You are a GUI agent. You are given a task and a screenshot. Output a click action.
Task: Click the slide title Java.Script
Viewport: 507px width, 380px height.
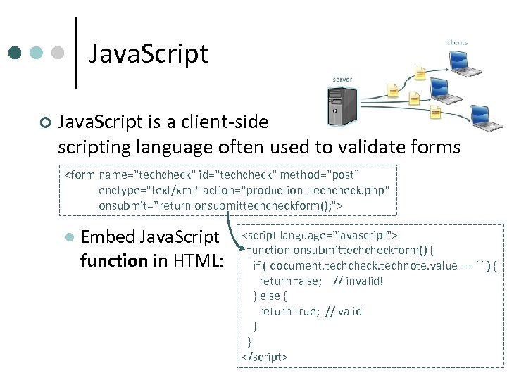point(149,53)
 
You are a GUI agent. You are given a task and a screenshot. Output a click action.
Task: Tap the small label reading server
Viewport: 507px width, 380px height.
point(342,80)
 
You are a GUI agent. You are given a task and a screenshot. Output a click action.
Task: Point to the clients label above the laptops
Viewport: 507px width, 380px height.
point(457,42)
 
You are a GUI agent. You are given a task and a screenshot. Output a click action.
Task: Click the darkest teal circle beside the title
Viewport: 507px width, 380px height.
point(16,53)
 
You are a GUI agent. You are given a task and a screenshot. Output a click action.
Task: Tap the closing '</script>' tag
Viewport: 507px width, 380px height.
point(265,357)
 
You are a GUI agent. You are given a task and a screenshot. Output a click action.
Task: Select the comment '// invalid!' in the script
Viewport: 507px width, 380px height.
point(359,281)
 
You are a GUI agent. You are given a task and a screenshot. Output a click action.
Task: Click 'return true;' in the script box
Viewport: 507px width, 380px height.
point(289,311)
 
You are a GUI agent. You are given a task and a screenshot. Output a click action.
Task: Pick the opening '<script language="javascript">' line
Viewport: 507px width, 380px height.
point(320,234)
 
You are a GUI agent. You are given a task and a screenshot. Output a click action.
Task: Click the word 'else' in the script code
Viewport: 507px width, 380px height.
point(270,296)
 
